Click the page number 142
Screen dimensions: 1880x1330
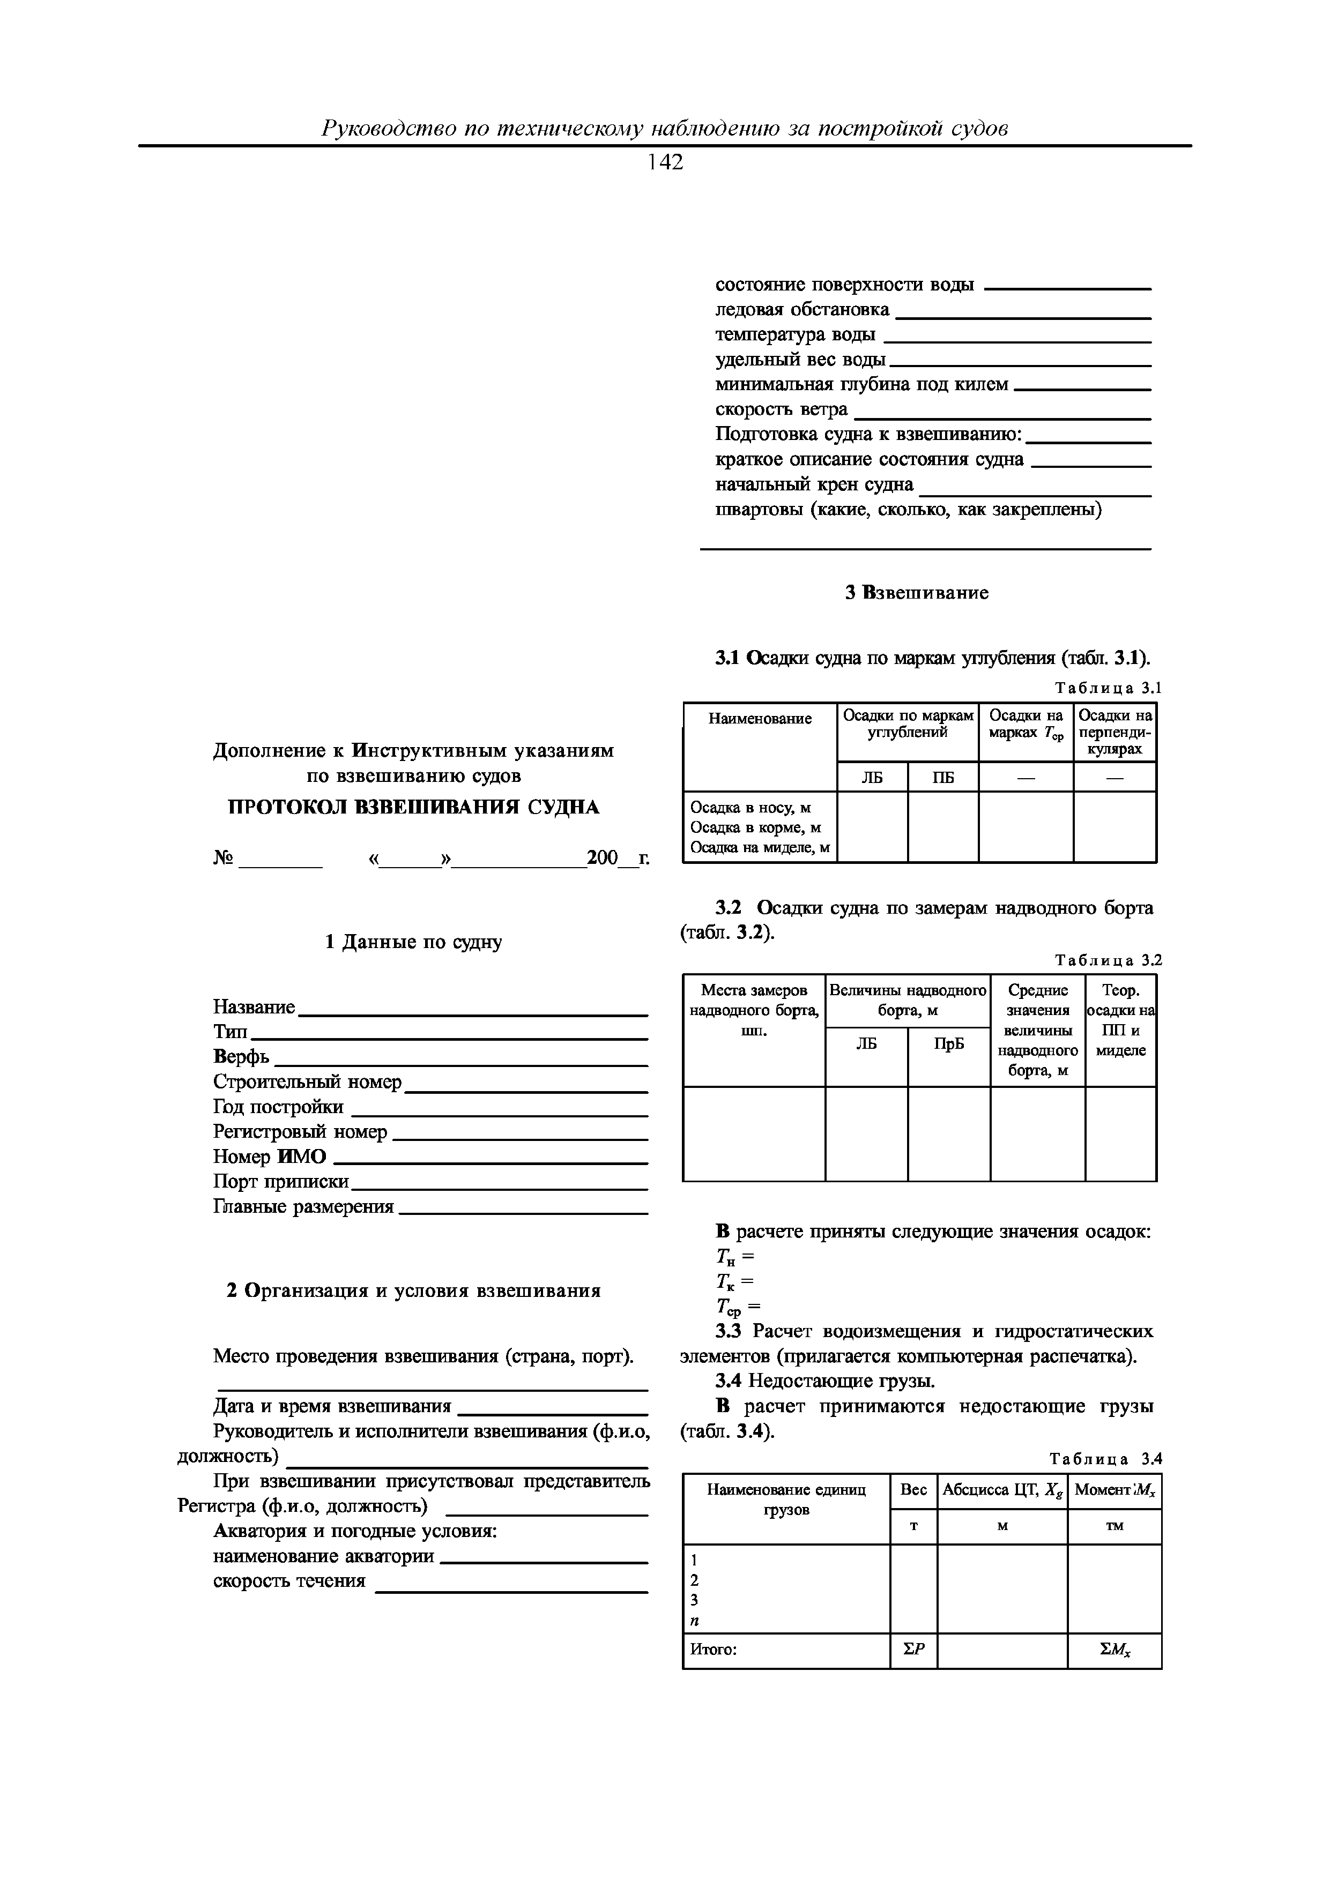(x=664, y=163)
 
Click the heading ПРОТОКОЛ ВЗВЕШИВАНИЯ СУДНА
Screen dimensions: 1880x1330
(x=413, y=807)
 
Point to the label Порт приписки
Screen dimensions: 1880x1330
(x=281, y=1182)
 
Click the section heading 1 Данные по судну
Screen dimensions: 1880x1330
(x=413, y=942)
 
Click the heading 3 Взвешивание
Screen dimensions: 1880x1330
(x=917, y=592)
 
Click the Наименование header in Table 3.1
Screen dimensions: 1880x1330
(x=759, y=719)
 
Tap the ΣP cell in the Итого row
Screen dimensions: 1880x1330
(x=913, y=1649)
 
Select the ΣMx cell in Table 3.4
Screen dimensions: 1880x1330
(x=1114, y=1649)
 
